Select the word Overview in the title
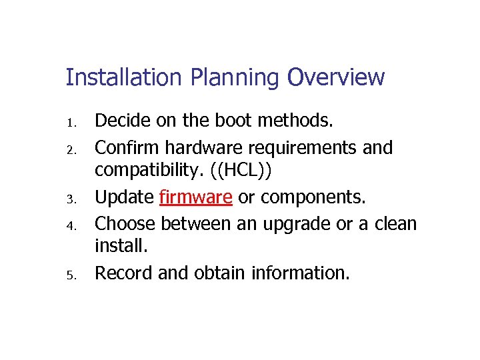[336, 78]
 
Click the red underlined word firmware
[195, 197]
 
